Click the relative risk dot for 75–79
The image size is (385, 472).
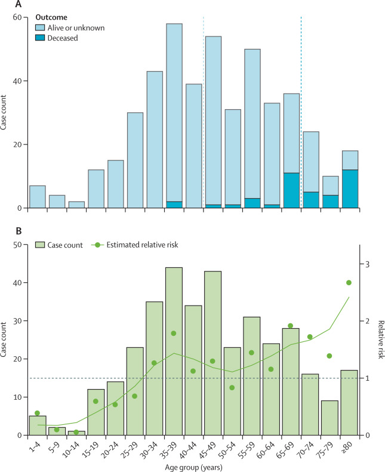tap(329, 356)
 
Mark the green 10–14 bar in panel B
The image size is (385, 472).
tap(76, 433)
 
